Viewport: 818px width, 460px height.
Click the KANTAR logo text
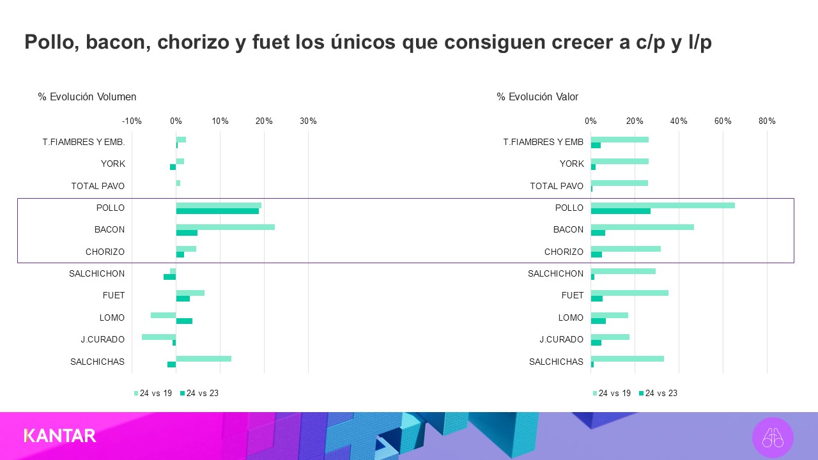pyautogui.click(x=60, y=436)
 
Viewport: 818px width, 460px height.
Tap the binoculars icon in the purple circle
pyautogui.click(x=773, y=438)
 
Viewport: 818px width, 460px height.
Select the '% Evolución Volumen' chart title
pyautogui.click(x=87, y=97)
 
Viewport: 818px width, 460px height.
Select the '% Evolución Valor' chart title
pyautogui.click(x=537, y=97)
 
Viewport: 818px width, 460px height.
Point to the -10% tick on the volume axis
pyautogui.click(x=132, y=121)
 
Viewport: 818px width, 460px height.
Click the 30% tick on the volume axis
pyautogui.click(x=308, y=121)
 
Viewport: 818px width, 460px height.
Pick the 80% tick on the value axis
pyautogui.click(x=767, y=121)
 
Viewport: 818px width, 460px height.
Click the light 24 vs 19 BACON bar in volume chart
pyautogui.click(x=225, y=227)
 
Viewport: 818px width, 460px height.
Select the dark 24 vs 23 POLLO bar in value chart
pyautogui.click(x=621, y=211)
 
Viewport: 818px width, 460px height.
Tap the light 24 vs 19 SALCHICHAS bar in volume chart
pyautogui.click(x=203, y=359)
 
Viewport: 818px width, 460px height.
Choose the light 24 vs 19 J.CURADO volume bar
pyautogui.click(x=158, y=337)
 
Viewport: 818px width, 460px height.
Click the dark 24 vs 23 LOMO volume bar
pyautogui.click(x=184, y=321)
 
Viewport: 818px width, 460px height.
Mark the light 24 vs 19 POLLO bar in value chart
pyautogui.click(x=663, y=205)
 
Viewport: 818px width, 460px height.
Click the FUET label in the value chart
pyautogui.click(x=573, y=296)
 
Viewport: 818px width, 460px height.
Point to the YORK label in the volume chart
pyautogui.click(x=113, y=164)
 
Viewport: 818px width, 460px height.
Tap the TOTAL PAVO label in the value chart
pyautogui.click(x=557, y=187)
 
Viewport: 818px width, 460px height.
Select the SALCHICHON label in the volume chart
pyautogui.click(x=97, y=274)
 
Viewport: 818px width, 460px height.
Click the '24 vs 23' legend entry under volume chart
pyautogui.click(x=199, y=393)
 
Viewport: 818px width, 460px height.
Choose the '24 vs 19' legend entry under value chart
pyautogui.click(x=612, y=393)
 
